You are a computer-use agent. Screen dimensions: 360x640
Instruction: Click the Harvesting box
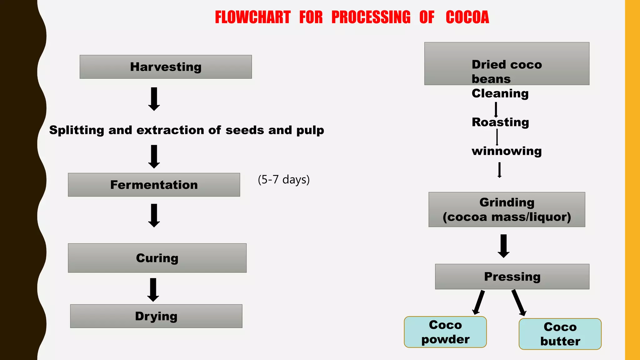point(166,67)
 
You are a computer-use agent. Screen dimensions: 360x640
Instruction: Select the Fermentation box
point(154,185)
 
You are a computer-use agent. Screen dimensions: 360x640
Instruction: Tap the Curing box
point(157,258)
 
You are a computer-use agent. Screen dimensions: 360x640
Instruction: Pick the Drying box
point(156,316)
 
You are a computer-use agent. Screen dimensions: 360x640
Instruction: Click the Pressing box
point(512,277)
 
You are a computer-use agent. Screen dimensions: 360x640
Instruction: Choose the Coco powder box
point(445,332)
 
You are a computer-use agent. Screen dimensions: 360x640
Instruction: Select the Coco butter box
point(560,334)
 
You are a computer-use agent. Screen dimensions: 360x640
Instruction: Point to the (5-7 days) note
point(283,180)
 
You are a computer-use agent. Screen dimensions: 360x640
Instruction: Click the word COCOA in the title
point(467,17)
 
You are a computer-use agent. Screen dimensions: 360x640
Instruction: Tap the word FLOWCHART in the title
point(253,17)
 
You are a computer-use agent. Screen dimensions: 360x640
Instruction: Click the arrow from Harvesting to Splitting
point(154,99)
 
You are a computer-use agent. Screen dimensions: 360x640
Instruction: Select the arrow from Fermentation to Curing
point(154,215)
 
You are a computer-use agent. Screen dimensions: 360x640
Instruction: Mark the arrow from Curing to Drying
point(153,290)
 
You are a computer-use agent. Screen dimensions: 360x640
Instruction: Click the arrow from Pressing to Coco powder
point(479,302)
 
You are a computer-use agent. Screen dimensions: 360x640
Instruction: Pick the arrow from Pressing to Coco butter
point(519,302)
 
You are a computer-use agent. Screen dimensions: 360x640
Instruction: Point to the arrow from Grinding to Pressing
point(503,246)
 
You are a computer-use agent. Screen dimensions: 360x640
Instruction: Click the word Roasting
point(500,122)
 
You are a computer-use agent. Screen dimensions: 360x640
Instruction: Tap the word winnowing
point(507,151)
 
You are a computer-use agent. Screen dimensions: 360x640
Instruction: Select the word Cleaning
point(500,93)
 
